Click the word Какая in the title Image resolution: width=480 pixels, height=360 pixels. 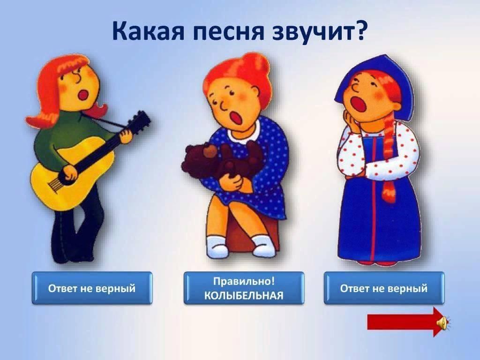point(148,30)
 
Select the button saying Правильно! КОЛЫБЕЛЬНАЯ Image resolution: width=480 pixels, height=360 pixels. point(244,288)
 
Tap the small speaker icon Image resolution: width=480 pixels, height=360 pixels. point(444,322)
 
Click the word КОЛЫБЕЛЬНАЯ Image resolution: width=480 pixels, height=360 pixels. point(244,296)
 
